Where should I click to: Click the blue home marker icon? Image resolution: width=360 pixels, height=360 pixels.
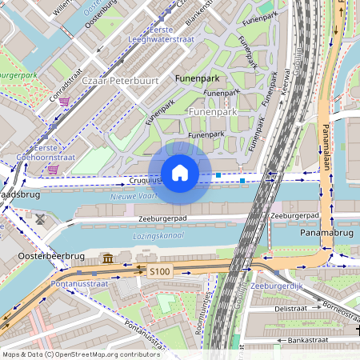coord(180,173)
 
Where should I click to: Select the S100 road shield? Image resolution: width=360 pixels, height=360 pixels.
coord(159,272)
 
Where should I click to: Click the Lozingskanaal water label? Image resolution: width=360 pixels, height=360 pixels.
coord(158,236)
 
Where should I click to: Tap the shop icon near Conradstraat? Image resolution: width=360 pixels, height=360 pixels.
coord(64,102)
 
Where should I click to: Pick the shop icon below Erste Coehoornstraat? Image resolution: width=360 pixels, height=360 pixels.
coord(53,170)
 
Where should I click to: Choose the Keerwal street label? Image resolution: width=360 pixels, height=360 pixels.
coord(286,82)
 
